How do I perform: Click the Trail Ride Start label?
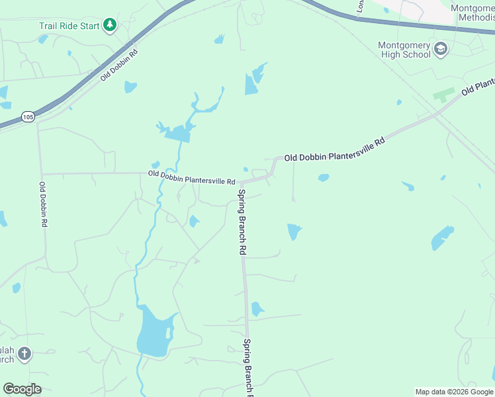[69, 26]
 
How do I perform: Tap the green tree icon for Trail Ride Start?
[110, 26]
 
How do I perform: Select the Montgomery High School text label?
[404, 50]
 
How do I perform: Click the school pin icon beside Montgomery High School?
[441, 49]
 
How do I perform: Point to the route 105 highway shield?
[27, 117]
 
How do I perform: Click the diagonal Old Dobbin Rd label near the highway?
[119, 65]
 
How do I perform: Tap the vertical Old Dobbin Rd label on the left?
[43, 204]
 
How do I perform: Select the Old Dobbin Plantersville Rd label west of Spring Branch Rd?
[192, 177]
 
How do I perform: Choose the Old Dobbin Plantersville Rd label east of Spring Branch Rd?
[334, 150]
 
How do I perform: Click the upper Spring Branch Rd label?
[242, 222]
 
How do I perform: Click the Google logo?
[22, 389]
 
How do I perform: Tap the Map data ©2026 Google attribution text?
[453, 392]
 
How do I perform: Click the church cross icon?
[24, 353]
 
